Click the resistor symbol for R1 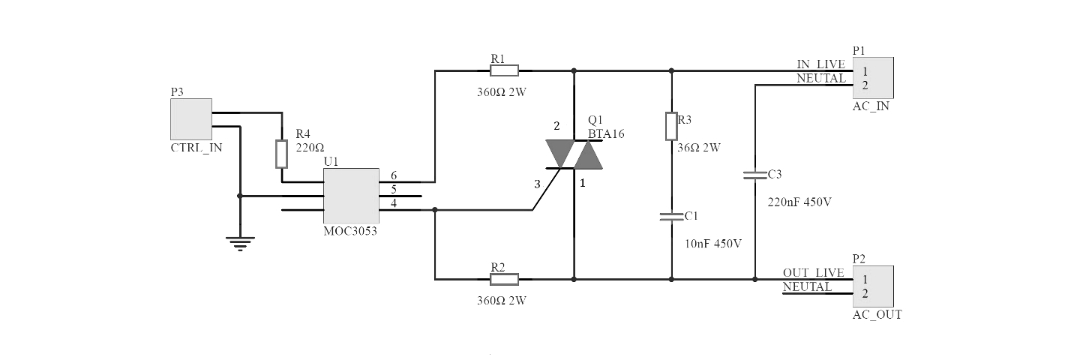coord(504,70)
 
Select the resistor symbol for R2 coord(504,280)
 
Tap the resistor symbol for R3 coord(671,126)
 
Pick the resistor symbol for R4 coord(281,154)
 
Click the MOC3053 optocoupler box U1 coord(350,196)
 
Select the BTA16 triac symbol coord(574,154)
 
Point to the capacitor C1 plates coord(671,217)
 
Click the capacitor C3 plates coord(755,175)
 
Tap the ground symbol coord(240,243)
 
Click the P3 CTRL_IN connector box coord(191,119)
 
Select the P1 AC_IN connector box coord(873,78)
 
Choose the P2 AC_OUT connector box coord(873,286)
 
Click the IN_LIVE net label coord(820,64)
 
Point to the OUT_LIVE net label coord(813,273)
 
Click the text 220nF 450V coord(800,202)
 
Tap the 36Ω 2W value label coord(700,148)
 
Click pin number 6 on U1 coord(394,175)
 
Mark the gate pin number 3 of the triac coord(536,184)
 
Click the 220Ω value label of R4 coord(310,148)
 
